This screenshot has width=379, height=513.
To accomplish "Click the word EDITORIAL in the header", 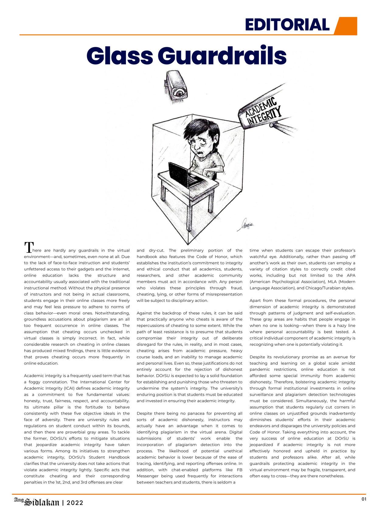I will pyautogui.click(x=287, y=25).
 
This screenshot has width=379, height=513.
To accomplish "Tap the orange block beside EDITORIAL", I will pyautogui.click(x=346, y=26).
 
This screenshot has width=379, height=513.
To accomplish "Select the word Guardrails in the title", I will pyautogui.click(x=222, y=55).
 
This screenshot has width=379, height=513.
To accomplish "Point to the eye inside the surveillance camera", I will pyautogui.click(x=179, y=92).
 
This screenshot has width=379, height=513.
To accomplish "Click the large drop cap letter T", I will pyautogui.click(x=28, y=248).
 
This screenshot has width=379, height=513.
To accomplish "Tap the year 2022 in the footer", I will pyautogui.click(x=75, y=503).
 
